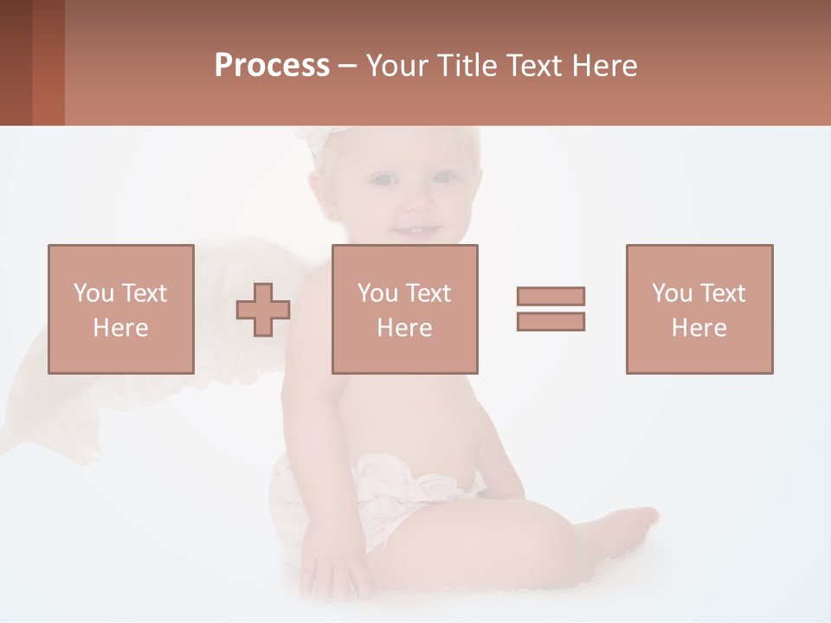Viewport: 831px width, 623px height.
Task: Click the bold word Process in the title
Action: tap(272, 66)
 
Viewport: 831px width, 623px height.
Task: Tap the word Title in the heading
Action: tap(464, 66)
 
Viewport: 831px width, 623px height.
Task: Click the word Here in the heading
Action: tap(602, 66)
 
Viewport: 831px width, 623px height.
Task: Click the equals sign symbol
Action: tap(551, 309)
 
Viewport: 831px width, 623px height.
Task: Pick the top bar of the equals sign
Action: tap(551, 296)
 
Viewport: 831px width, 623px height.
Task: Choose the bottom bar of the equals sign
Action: tap(551, 322)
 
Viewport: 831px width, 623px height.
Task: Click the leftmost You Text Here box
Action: tap(121, 309)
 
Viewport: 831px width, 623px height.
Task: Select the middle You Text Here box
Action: tap(404, 309)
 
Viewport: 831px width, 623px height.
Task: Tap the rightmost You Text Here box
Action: tap(699, 309)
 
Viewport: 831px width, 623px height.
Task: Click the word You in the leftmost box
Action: tap(92, 293)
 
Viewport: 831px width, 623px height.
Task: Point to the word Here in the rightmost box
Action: tap(699, 328)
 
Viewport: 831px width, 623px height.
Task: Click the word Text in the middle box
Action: tap(428, 293)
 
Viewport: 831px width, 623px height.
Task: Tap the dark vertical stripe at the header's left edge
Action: tap(16, 62)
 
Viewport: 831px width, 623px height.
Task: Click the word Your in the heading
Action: tap(398, 66)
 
